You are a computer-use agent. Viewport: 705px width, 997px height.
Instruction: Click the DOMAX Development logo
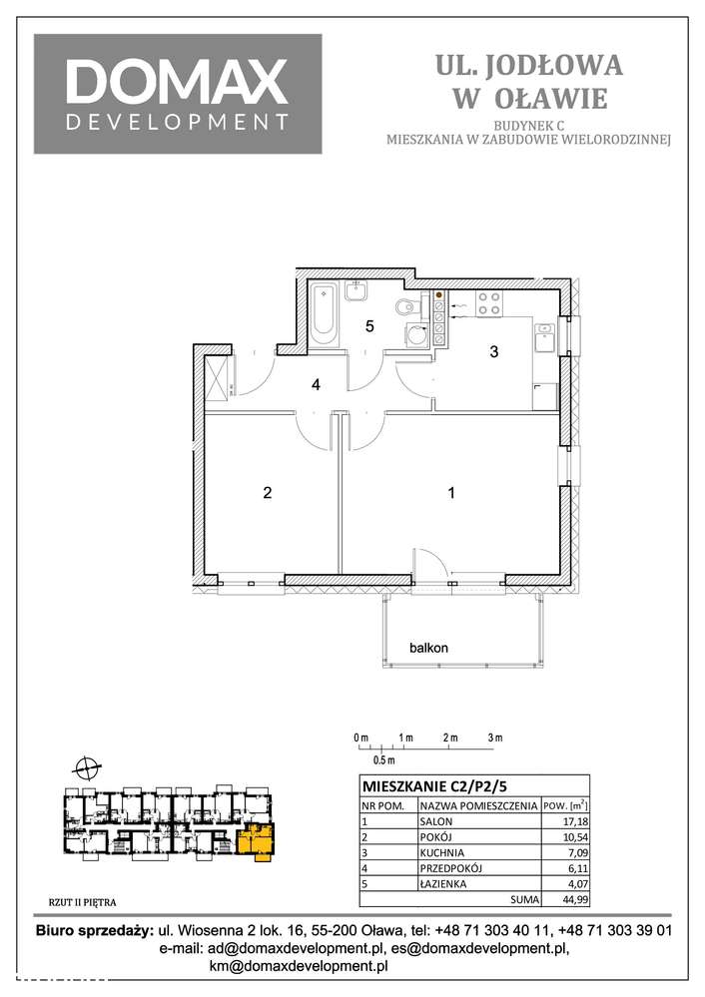[x=178, y=94]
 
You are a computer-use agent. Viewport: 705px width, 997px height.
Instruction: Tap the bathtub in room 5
[x=324, y=314]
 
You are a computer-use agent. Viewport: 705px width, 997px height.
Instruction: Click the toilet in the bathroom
[x=406, y=306]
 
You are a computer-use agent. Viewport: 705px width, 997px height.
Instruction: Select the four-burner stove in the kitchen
[x=488, y=302]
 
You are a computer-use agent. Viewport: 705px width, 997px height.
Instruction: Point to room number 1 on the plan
[x=452, y=492]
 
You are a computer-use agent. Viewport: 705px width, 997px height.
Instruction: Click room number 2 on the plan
[x=267, y=492]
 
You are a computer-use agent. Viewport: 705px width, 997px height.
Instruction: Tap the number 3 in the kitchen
[x=492, y=351]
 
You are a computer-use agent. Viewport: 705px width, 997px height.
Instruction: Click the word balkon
[x=428, y=648]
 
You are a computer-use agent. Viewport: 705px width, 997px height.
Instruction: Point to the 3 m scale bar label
[x=495, y=738]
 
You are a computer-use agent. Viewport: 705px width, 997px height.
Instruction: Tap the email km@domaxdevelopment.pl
[x=298, y=966]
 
